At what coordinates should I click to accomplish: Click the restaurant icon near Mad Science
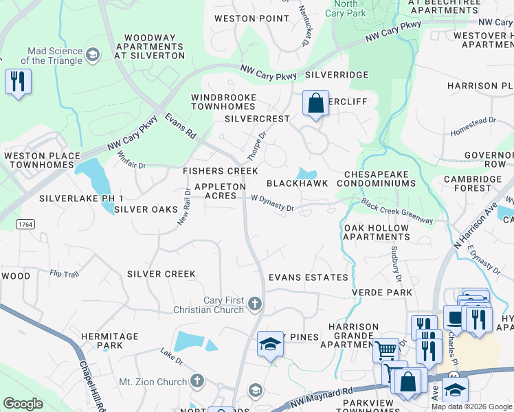pos(17,82)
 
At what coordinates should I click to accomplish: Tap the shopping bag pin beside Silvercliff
pos(315,104)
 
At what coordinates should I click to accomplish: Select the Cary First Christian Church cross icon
pos(254,304)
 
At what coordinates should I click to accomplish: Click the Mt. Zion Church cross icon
pos(198,380)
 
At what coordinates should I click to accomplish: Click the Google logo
pos(23,403)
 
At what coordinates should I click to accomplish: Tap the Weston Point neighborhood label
pos(252,19)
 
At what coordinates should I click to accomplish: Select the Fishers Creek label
pos(220,171)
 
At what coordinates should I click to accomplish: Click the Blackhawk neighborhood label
pos(297,183)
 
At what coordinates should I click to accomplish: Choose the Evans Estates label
pos(308,277)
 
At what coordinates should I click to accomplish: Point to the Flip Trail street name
pos(65,273)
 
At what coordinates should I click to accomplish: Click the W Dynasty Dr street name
pos(272,203)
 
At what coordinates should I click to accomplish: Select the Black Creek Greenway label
pos(397,211)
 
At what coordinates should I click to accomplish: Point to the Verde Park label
pos(382,293)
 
